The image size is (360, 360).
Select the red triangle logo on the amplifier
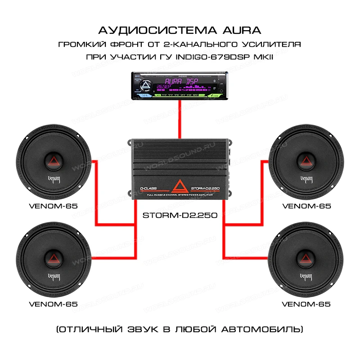pos(180,185)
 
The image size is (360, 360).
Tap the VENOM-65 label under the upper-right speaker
pos(306,206)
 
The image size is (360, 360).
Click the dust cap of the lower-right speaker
pos(306,258)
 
